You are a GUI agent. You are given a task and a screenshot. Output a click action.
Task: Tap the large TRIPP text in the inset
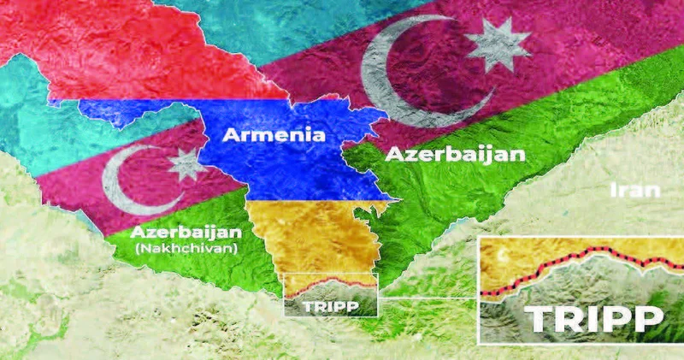[594, 318]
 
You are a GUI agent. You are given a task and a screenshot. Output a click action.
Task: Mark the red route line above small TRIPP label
[329, 284]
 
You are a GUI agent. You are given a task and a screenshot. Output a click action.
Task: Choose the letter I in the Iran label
[613, 190]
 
